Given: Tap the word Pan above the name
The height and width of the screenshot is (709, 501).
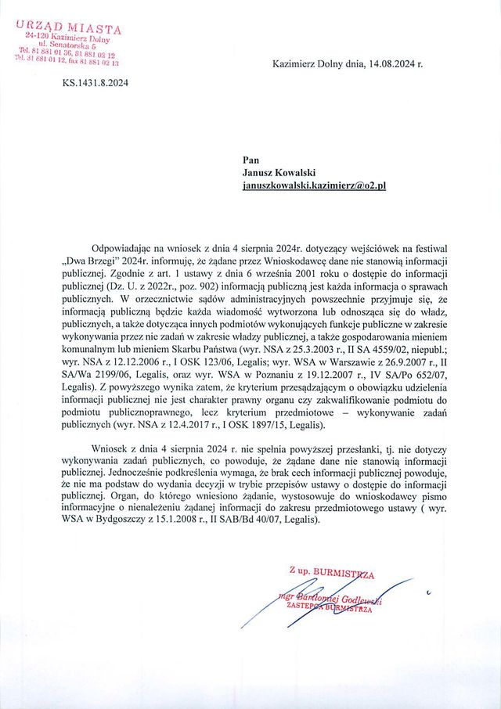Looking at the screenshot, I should click(x=251, y=160).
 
